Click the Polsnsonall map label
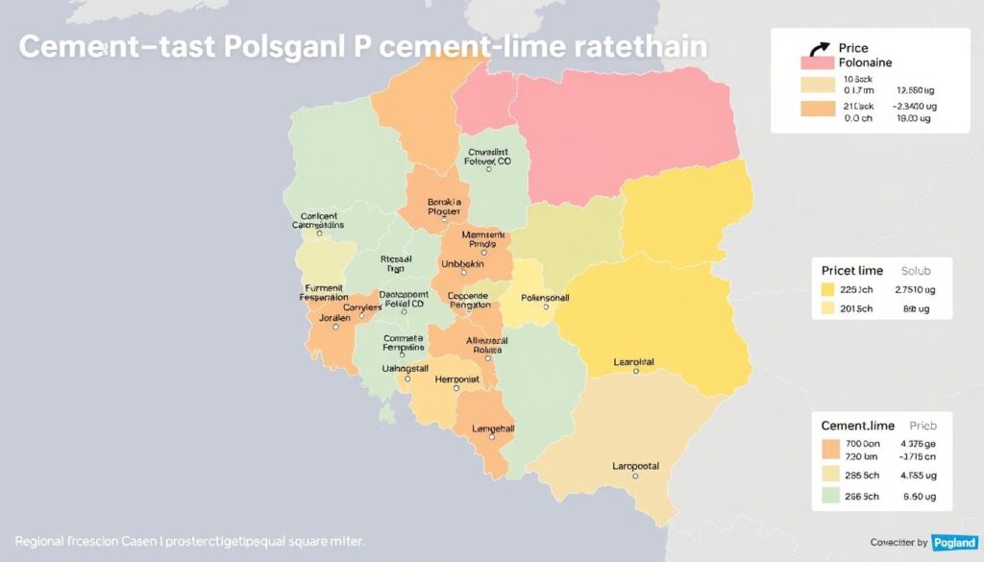(545, 298)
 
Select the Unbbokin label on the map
(462, 263)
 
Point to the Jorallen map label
(334, 316)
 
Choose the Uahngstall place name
(406, 369)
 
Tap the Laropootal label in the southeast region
(635, 466)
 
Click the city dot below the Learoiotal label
(635, 371)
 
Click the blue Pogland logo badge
(953, 543)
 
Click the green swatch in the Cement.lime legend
(831, 497)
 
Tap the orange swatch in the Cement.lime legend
(831, 448)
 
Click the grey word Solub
(917, 270)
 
